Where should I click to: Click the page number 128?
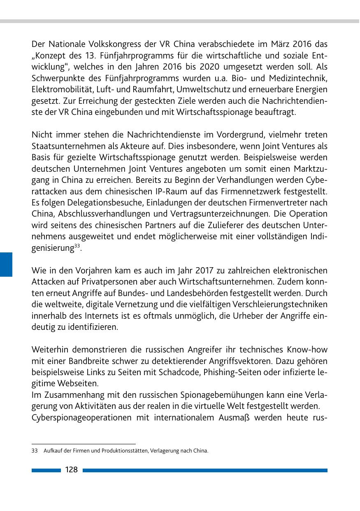(72, 470)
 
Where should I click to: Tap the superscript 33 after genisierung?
(77, 247)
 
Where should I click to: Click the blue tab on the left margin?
(6, 264)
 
